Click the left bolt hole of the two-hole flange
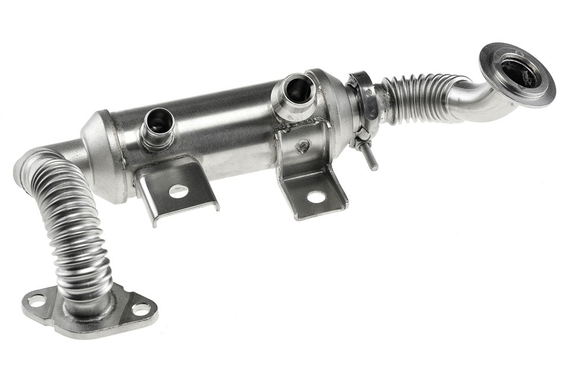click(36, 300)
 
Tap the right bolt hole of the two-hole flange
click(141, 309)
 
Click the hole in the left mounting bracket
click(178, 191)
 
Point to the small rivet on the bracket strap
click(303, 146)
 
